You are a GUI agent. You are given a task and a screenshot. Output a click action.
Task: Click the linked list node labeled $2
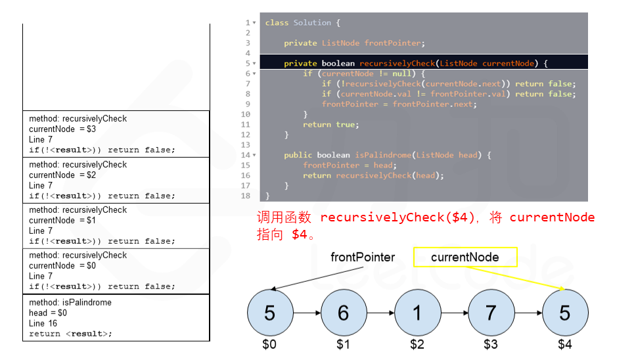click(417, 313)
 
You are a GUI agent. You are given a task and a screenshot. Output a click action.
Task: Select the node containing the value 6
click(343, 313)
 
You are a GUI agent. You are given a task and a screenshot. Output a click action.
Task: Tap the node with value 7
click(491, 313)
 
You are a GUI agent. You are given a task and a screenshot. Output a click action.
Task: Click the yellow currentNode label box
click(465, 258)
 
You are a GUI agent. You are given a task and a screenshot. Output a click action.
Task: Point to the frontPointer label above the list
click(363, 258)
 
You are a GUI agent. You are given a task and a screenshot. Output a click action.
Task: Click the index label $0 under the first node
click(269, 344)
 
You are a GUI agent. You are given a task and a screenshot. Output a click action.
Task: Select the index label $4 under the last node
click(565, 344)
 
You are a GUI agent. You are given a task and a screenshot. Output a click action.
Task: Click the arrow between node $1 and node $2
click(380, 313)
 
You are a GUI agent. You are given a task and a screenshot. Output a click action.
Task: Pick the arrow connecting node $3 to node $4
click(528, 313)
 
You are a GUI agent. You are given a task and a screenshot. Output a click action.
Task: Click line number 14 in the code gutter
click(246, 155)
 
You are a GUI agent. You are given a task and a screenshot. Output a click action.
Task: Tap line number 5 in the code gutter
click(248, 64)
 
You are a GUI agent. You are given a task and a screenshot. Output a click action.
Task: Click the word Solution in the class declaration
click(312, 23)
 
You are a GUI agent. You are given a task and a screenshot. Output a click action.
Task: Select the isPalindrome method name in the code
click(383, 155)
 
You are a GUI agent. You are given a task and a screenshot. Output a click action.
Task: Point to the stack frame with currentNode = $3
click(116, 134)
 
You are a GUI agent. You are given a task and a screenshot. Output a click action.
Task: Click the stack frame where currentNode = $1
click(116, 225)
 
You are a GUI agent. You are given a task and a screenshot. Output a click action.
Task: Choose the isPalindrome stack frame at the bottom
click(116, 318)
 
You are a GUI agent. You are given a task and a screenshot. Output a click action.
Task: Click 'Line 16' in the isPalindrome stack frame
click(43, 323)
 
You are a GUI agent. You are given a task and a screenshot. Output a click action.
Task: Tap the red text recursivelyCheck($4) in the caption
click(398, 217)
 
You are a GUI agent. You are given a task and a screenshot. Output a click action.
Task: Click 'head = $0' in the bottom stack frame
click(48, 313)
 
